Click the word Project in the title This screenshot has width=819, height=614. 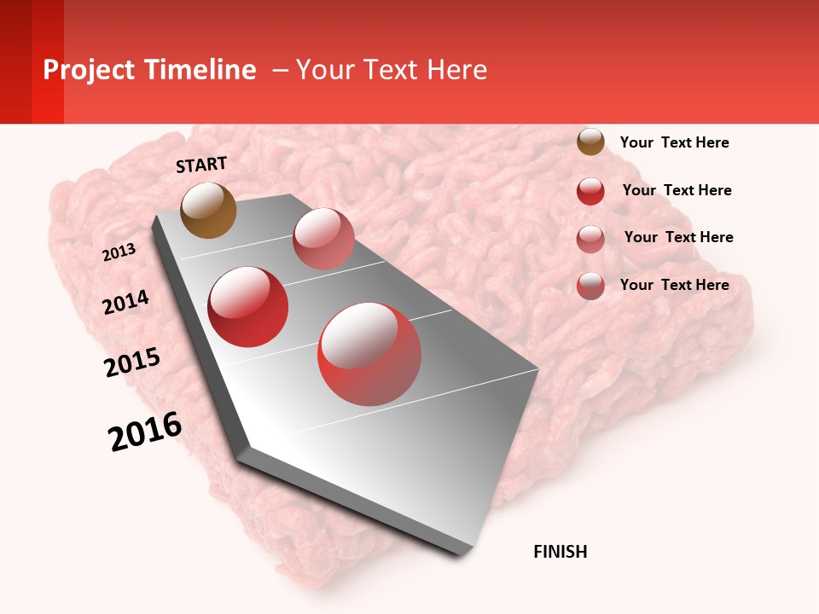90,70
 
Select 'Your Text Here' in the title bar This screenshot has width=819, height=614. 391,70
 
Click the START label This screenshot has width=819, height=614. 201,165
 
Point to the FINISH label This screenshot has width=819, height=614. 561,552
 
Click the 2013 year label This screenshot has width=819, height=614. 119,252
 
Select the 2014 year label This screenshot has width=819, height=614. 125,303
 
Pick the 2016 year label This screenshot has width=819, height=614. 145,432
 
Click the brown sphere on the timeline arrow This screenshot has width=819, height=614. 208,210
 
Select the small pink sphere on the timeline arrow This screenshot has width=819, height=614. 323,239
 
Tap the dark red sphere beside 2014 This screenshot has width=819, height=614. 247,307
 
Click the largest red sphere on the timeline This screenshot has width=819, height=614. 369,354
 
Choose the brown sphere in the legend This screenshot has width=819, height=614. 590,142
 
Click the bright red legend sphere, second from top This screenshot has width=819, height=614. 590,191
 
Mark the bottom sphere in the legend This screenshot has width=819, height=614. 590,286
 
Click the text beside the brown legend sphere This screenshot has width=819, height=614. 674,142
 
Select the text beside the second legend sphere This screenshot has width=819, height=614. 677,190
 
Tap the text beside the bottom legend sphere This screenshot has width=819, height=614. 674,285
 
